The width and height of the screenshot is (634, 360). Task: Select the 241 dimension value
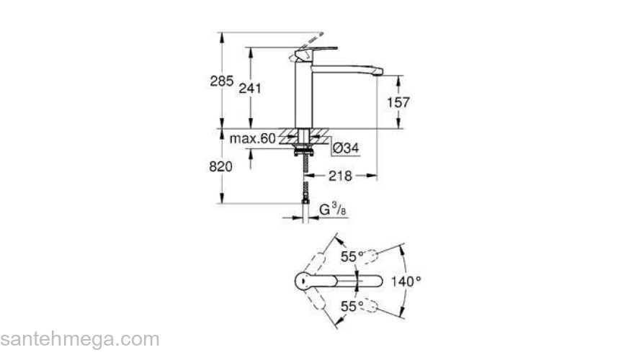click(x=249, y=88)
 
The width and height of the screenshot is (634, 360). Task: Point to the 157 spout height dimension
click(x=398, y=102)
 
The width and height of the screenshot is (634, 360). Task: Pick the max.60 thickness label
click(x=253, y=138)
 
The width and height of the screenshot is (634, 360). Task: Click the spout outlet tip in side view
click(x=376, y=72)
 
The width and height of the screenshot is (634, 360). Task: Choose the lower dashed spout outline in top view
click(x=368, y=305)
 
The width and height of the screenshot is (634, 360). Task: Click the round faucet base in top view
click(x=304, y=282)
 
